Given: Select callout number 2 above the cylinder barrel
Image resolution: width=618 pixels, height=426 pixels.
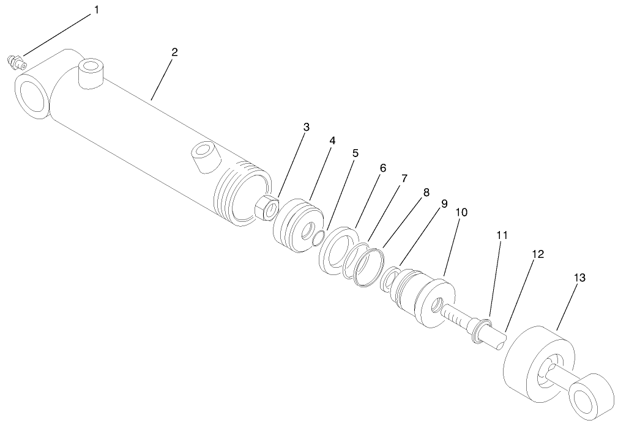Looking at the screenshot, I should click(x=174, y=52).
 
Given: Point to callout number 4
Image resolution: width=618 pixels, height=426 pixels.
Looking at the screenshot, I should click(x=332, y=141).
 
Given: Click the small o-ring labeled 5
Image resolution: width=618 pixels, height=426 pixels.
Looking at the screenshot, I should click(x=316, y=238).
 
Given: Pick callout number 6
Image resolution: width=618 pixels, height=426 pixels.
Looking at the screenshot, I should click(x=383, y=167).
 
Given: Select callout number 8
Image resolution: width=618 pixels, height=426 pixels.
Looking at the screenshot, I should click(x=426, y=191).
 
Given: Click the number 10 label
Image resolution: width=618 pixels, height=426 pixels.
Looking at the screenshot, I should click(x=461, y=212).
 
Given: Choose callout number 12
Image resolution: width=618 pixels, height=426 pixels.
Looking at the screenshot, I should click(x=537, y=253).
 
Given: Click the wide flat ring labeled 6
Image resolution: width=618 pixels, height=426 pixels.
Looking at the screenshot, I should click(x=338, y=249).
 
